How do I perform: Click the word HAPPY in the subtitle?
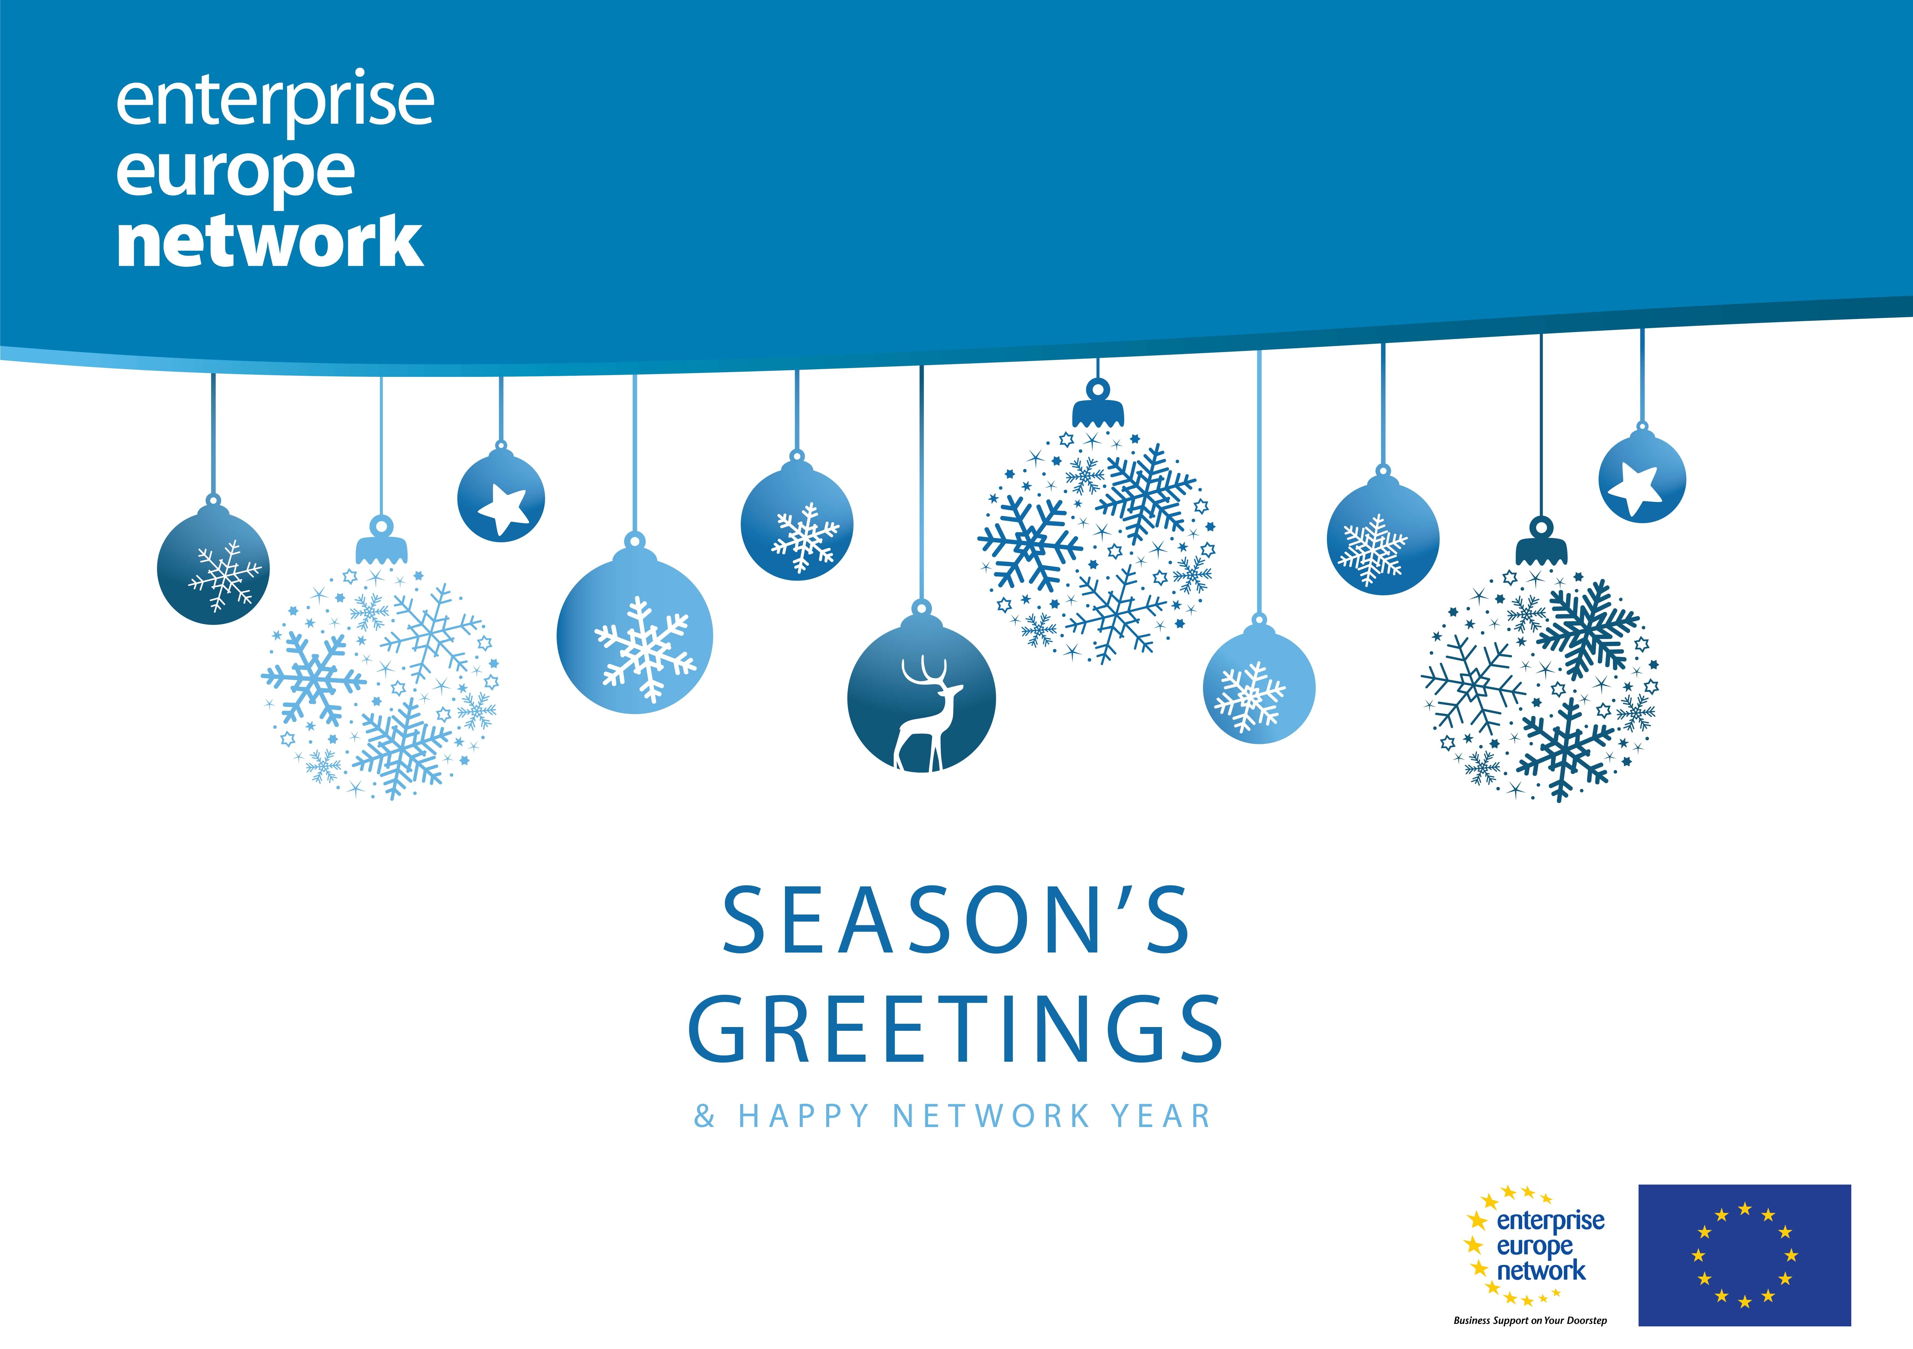(x=804, y=1116)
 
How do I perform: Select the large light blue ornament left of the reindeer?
(x=635, y=635)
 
